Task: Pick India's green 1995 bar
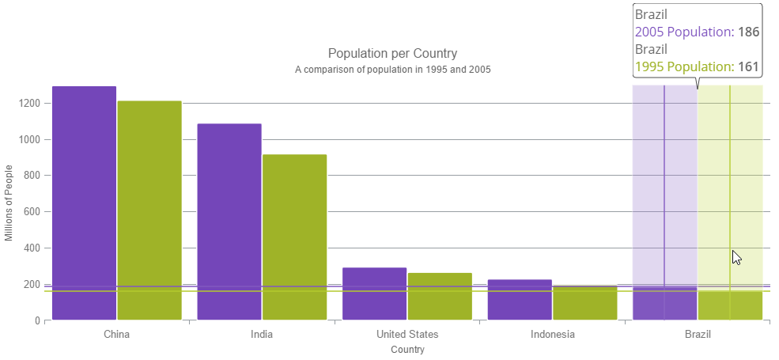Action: [294, 237]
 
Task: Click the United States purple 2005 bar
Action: [375, 294]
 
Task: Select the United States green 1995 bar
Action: [440, 297]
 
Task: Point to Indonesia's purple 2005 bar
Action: [520, 300]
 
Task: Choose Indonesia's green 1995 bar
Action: [585, 302]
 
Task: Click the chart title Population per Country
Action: [392, 54]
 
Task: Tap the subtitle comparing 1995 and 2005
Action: [392, 70]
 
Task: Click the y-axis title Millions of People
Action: [9, 203]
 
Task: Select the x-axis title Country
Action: [407, 349]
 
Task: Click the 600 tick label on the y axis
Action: [33, 212]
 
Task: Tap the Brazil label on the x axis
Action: [698, 334]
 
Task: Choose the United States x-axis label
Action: [407, 334]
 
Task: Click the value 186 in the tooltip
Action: [749, 32]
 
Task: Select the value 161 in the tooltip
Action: [749, 66]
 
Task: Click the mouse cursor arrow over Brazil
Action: [736, 257]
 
